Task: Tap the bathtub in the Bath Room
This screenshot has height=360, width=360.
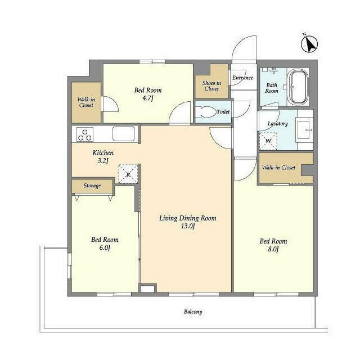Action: click(x=298, y=87)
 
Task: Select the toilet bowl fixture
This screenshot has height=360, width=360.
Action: click(x=206, y=112)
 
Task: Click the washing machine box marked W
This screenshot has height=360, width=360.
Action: click(x=268, y=141)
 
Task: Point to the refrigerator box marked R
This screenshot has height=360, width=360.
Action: click(x=128, y=174)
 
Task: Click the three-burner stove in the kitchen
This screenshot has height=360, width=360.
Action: click(x=85, y=134)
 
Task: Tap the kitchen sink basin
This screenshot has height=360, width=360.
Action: click(x=124, y=133)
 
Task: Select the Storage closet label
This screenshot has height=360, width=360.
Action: click(x=92, y=186)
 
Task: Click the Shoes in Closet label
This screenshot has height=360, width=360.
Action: click(x=211, y=86)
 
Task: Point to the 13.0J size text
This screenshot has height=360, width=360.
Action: click(x=188, y=226)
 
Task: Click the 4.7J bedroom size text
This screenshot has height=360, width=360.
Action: click(x=147, y=98)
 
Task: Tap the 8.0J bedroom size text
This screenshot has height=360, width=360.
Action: click(x=273, y=249)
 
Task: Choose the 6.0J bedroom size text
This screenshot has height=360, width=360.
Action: click(x=105, y=247)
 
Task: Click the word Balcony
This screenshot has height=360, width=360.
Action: click(x=193, y=312)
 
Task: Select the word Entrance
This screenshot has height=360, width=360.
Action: click(x=242, y=78)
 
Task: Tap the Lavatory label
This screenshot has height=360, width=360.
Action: click(x=277, y=124)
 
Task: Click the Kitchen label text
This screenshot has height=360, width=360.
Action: click(x=103, y=152)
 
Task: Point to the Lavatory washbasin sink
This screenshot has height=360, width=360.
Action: click(x=304, y=130)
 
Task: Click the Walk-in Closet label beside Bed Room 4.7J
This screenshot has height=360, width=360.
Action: click(x=86, y=102)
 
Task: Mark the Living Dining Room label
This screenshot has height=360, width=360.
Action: click(x=188, y=218)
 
